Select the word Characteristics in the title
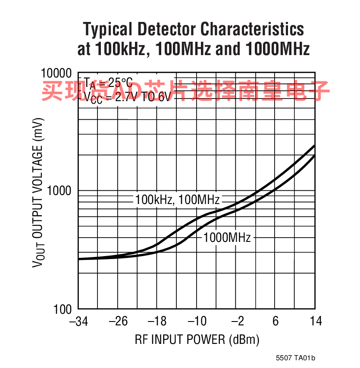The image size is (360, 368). click(253, 30)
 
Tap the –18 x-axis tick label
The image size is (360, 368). click(157, 322)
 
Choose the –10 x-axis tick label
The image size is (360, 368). click(197, 322)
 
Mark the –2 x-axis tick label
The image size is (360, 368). click(236, 322)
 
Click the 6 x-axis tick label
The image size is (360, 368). click(275, 322)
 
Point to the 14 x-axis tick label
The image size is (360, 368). click(315, 322)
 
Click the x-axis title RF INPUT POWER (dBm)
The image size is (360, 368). click(197, 340)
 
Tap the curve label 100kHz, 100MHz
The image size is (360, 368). click(177, 200)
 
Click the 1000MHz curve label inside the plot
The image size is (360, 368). click(227, 237)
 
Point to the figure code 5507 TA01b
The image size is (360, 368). click(296, 358)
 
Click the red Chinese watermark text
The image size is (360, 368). click(185, 90)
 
